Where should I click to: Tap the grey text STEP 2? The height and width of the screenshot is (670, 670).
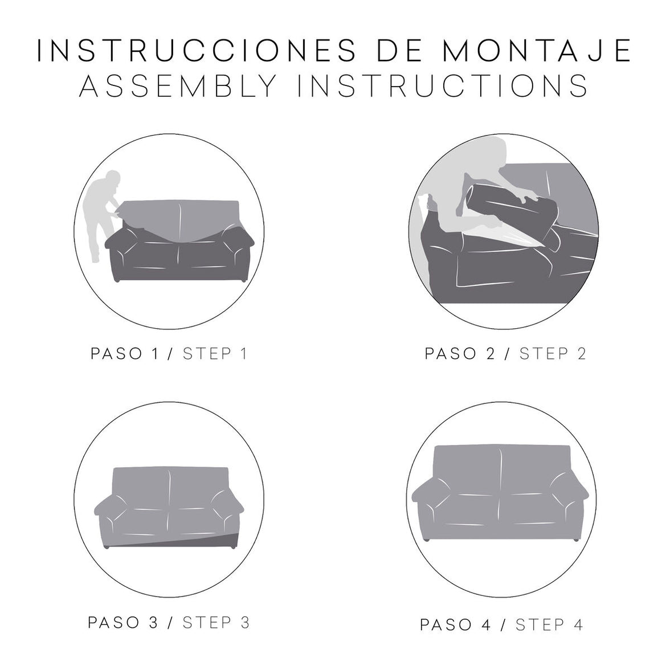tap(552, 354)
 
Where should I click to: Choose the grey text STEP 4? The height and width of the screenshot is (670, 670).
tap(549, 624)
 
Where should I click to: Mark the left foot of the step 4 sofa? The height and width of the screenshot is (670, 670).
tap(426, 539)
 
